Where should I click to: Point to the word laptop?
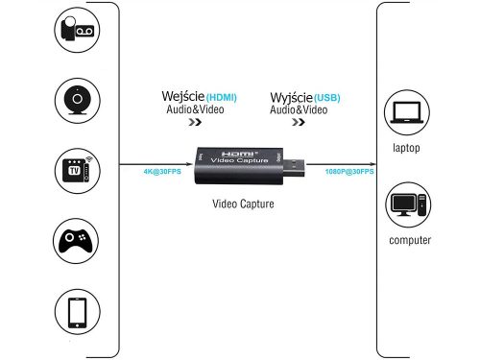click(x=407, y=149)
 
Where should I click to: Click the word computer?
click(x=410, y=240)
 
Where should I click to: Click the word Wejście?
click(x=182, y=97)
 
